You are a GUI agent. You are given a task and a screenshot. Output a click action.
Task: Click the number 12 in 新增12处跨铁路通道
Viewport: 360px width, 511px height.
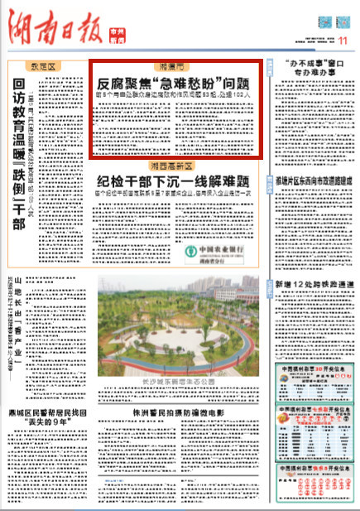coord(302,287)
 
